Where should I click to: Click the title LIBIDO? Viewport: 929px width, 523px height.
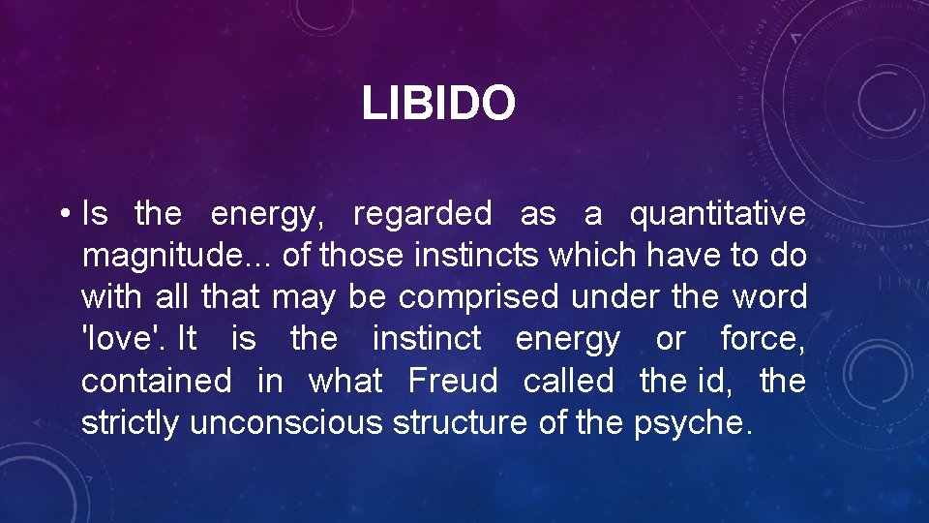tap(438, 104)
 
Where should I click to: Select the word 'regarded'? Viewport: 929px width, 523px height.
tap(422, 214)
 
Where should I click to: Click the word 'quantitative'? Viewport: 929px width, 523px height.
tap(717, 214)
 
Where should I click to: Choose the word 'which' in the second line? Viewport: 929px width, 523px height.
tap(584, 256)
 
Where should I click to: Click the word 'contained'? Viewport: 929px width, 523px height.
tap(156, 381)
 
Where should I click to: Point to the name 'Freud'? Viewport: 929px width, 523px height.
tap(453, 381)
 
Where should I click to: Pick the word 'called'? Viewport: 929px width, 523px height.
tap(568, 381)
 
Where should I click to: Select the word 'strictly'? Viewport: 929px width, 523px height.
tap(131, 422)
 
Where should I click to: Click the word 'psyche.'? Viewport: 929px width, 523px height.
tap(692, 424)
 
